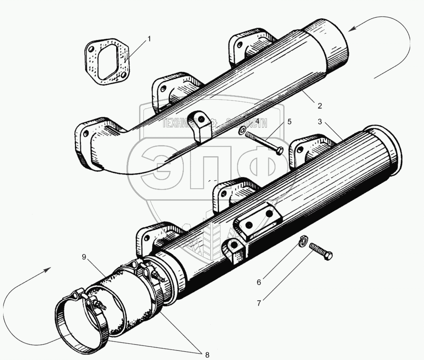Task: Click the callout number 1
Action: click(149, 39)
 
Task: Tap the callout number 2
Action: click(320, 106)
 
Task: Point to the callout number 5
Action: click(289, 121)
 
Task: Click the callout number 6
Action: click(259, 282)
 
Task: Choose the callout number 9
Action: click(84, 257)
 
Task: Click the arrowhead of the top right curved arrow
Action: click(351, 28)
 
